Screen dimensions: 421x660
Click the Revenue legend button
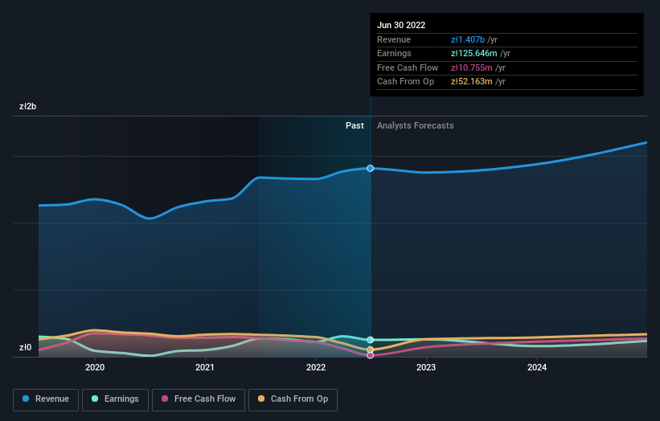coord(46,399)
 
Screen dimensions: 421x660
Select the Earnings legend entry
coord(115,399)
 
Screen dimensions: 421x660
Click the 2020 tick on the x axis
coord(95,367)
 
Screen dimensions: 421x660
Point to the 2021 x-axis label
coord(205,367)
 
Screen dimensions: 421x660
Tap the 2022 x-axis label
coord(316,367)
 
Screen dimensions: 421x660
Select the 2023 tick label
coord(426,367)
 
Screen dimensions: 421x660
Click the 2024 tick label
coord(537,367)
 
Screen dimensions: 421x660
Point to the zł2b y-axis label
coord(28,106)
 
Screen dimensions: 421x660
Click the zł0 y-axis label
coord(26,348)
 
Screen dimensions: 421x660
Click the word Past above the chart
coord(355,125)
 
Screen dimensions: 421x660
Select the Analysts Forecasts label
coord(415,125)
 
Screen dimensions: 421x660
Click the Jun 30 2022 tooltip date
coord(401,25)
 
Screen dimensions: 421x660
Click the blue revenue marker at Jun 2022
coord(371,168)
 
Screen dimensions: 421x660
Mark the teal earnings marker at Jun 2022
coord(371,340)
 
